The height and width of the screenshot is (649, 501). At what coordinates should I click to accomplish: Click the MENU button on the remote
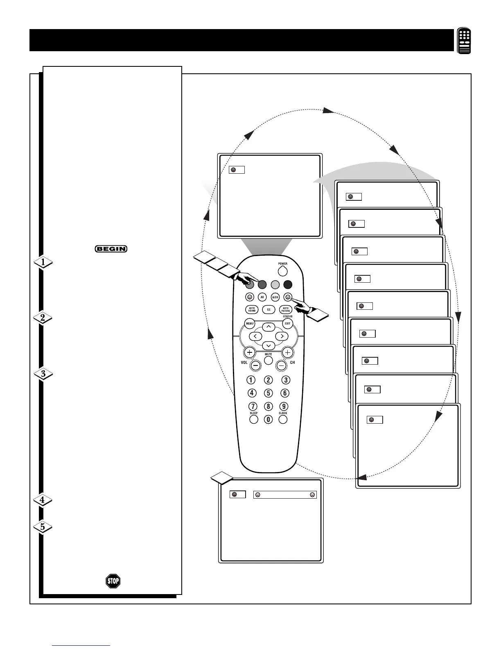[250, 323]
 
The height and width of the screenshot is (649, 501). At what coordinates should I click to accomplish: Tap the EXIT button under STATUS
[287, 323]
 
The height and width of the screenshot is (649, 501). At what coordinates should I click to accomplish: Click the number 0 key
[268, 420]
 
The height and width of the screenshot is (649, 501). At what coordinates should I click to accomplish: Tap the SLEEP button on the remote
[254, 420]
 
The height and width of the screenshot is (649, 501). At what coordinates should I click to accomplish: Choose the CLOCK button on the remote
[283, 420]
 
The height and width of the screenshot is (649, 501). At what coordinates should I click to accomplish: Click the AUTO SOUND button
[252, 310]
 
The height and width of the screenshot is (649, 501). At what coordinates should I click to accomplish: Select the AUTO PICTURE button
[286, 310]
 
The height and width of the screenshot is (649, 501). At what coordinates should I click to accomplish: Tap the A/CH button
[275, 297]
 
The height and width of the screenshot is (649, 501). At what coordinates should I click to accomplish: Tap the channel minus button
[281, 365]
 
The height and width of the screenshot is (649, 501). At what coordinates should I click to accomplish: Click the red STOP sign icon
[113, 581]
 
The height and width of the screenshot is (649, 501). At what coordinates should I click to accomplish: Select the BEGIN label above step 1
[111, 248]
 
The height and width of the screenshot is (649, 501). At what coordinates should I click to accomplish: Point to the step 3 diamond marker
[43, 374]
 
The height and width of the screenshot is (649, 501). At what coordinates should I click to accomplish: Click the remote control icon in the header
[464, 41]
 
